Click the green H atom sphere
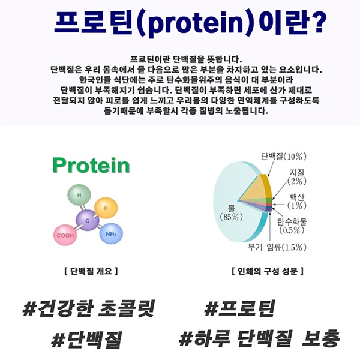tap(79, 194)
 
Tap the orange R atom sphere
tap(106, 208)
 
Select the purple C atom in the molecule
tap(88, 220)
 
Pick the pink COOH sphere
tap(65, 235)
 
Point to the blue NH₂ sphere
tap(111, 234)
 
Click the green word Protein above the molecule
tap(91, 166)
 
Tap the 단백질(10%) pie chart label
tap(284, 157)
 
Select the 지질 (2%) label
tap(297, 176)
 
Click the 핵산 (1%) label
tap(297, 201)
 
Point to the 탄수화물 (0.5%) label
tap(292, 226)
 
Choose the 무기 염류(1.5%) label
tap(277, 247)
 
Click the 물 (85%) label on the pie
tap(231, 212)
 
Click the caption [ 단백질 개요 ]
tap(91, 271)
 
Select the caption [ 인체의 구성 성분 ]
tap(268, 271)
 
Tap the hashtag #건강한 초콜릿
tap(88, 308)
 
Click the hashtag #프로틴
tap(239, 308)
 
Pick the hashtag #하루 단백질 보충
tap(259, 338)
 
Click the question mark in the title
tap(318, 22)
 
